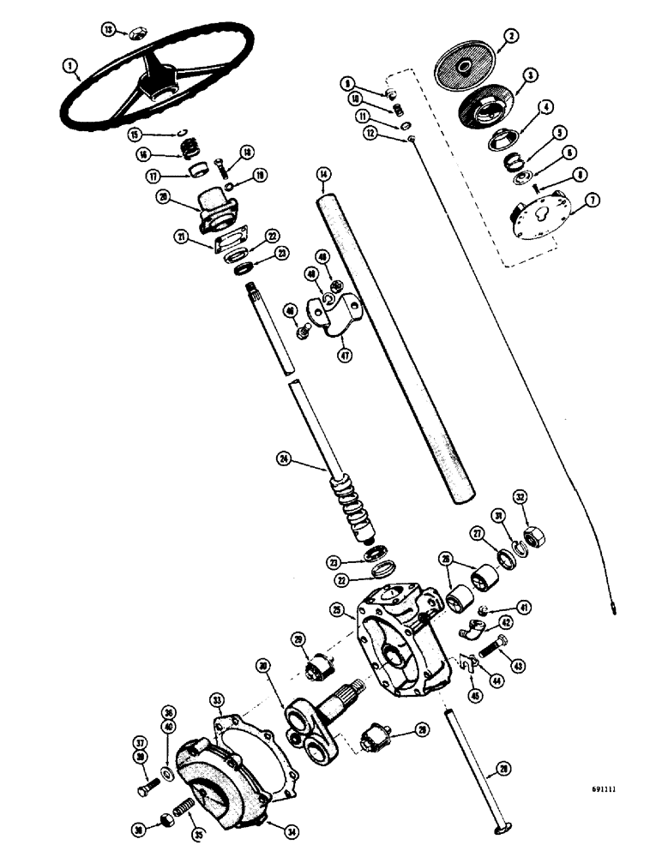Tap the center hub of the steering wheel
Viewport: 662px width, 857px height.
(x=161, y=84)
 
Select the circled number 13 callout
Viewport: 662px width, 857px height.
(x=108, y=30)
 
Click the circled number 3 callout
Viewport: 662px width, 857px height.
(x=531, y=75)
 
